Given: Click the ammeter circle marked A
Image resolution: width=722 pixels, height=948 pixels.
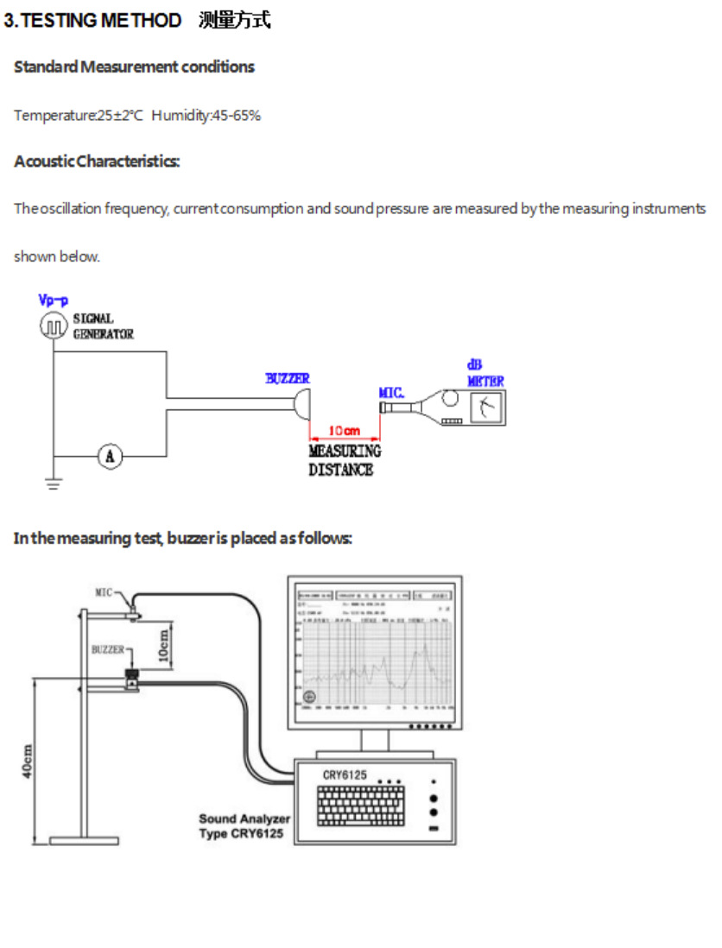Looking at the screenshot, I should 110,455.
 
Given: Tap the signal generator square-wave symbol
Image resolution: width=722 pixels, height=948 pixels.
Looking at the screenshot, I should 54,325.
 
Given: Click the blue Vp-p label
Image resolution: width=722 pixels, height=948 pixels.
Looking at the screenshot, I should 53,300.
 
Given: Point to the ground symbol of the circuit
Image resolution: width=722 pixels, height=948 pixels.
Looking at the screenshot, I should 54,484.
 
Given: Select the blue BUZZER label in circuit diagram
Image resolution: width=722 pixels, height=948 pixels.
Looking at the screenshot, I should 287,378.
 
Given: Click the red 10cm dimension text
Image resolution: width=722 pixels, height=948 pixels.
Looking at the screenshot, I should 345,429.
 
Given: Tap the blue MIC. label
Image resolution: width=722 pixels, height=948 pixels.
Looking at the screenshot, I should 391,393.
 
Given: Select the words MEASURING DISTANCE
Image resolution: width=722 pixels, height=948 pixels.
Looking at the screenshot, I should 344,460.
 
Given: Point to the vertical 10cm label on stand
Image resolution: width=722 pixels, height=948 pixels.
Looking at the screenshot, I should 165,643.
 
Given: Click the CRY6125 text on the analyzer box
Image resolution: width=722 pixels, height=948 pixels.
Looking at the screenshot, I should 345,775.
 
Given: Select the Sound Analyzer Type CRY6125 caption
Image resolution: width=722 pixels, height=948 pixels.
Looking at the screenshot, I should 244,826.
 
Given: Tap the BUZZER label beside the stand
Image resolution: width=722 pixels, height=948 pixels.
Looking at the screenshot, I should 108,649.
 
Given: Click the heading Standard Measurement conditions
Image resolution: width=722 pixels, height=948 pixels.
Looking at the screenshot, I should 134,66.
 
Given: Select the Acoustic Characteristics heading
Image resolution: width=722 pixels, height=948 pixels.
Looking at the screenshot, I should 97,161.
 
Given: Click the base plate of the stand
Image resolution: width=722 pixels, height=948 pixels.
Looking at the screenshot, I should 84,839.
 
